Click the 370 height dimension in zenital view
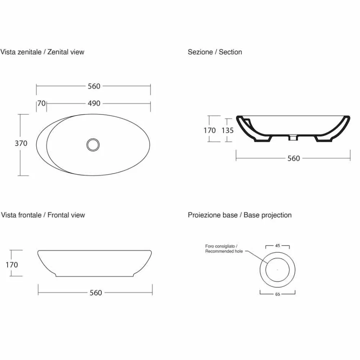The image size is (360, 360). [x=21, y=143]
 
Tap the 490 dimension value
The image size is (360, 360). [x=94, y=103]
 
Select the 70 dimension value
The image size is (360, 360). [x=41, y=103]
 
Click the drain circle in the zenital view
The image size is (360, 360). [x=93, y=145]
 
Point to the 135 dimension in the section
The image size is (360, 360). [x=228, y=130]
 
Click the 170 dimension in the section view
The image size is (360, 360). [x=210, y=130]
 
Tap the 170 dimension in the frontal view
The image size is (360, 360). [x=12, y=265]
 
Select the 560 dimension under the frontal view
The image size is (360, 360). [x=96, y=293]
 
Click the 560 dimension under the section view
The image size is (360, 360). [x=294, y=158]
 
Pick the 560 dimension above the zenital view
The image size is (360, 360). [x=94, y=86]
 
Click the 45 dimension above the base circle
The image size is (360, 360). [x=278, y=246]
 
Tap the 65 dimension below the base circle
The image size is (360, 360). [x=278, y=294]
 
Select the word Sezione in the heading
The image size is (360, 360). [x=200, y=52]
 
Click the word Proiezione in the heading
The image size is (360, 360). [x=213, y=215]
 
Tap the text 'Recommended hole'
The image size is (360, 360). [x=224, y=251]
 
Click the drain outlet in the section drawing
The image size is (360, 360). [x=293, y=138]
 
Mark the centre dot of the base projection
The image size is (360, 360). [x=278, y=270]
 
